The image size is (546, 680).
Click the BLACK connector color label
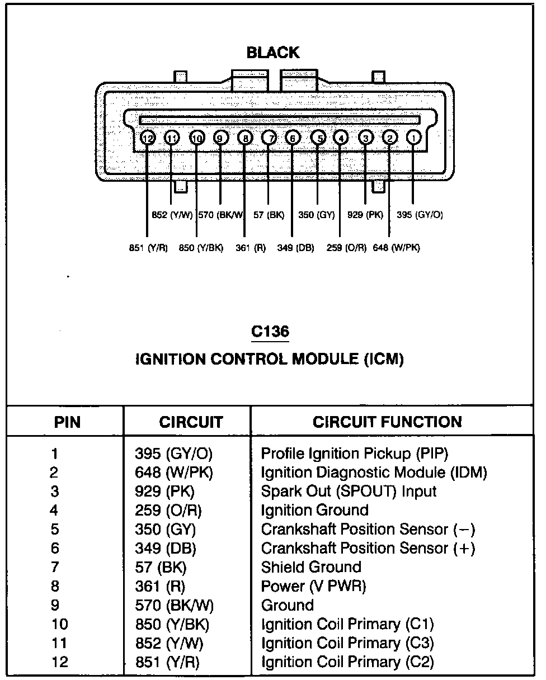[273, 53]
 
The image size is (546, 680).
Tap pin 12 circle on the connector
[147, 137]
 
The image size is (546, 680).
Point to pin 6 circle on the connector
[293, 137]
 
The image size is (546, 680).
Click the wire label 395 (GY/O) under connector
[420, 214]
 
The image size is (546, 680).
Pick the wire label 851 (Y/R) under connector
[148, 248]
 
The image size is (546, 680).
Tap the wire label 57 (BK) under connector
[269, 214]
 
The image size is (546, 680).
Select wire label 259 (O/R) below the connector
[346, 248]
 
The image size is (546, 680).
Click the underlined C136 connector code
[270, 331]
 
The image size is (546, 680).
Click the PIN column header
[67, 422]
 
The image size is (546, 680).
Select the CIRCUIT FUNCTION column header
[387, 422]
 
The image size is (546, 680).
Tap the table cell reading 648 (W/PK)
[174, 473]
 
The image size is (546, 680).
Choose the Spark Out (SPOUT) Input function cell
[349, 492]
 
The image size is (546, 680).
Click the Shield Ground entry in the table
[311, 568]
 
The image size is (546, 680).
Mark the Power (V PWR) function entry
[313, 587]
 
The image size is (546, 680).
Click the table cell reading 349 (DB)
[166, 549]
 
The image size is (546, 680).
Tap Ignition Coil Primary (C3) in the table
[347, 644]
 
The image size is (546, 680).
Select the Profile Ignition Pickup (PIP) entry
[355, 454]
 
